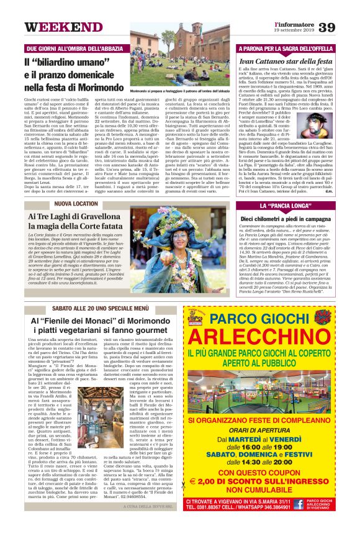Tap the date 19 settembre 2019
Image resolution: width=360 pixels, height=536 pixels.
pyautogui.click(x=292, y=31)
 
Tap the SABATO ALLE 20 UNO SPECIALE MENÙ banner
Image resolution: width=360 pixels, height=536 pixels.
pyautogui.click(x=101, y=308)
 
